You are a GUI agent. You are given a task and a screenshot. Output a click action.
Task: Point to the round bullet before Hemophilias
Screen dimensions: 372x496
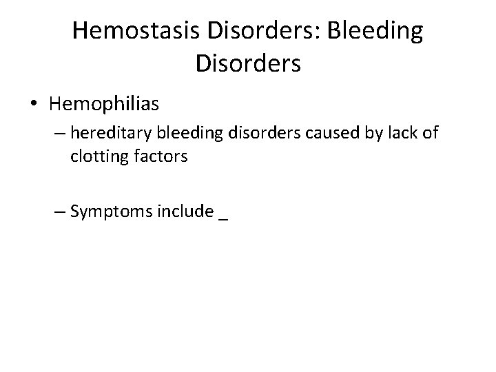pyautogui.click(x=34, y=105)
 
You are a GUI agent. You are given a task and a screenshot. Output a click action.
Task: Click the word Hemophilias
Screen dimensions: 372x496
pyautogui.click(x=104, y=105)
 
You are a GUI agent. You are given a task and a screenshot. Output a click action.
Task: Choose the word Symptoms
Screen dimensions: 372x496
pyautogui.click(x=112, y=211)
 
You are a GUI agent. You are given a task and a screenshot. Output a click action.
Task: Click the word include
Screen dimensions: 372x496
pyautogui.click(x=185, y=211)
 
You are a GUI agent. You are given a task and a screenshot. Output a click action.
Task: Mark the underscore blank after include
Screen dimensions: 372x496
pyautogui.click(x=223, y=217)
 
